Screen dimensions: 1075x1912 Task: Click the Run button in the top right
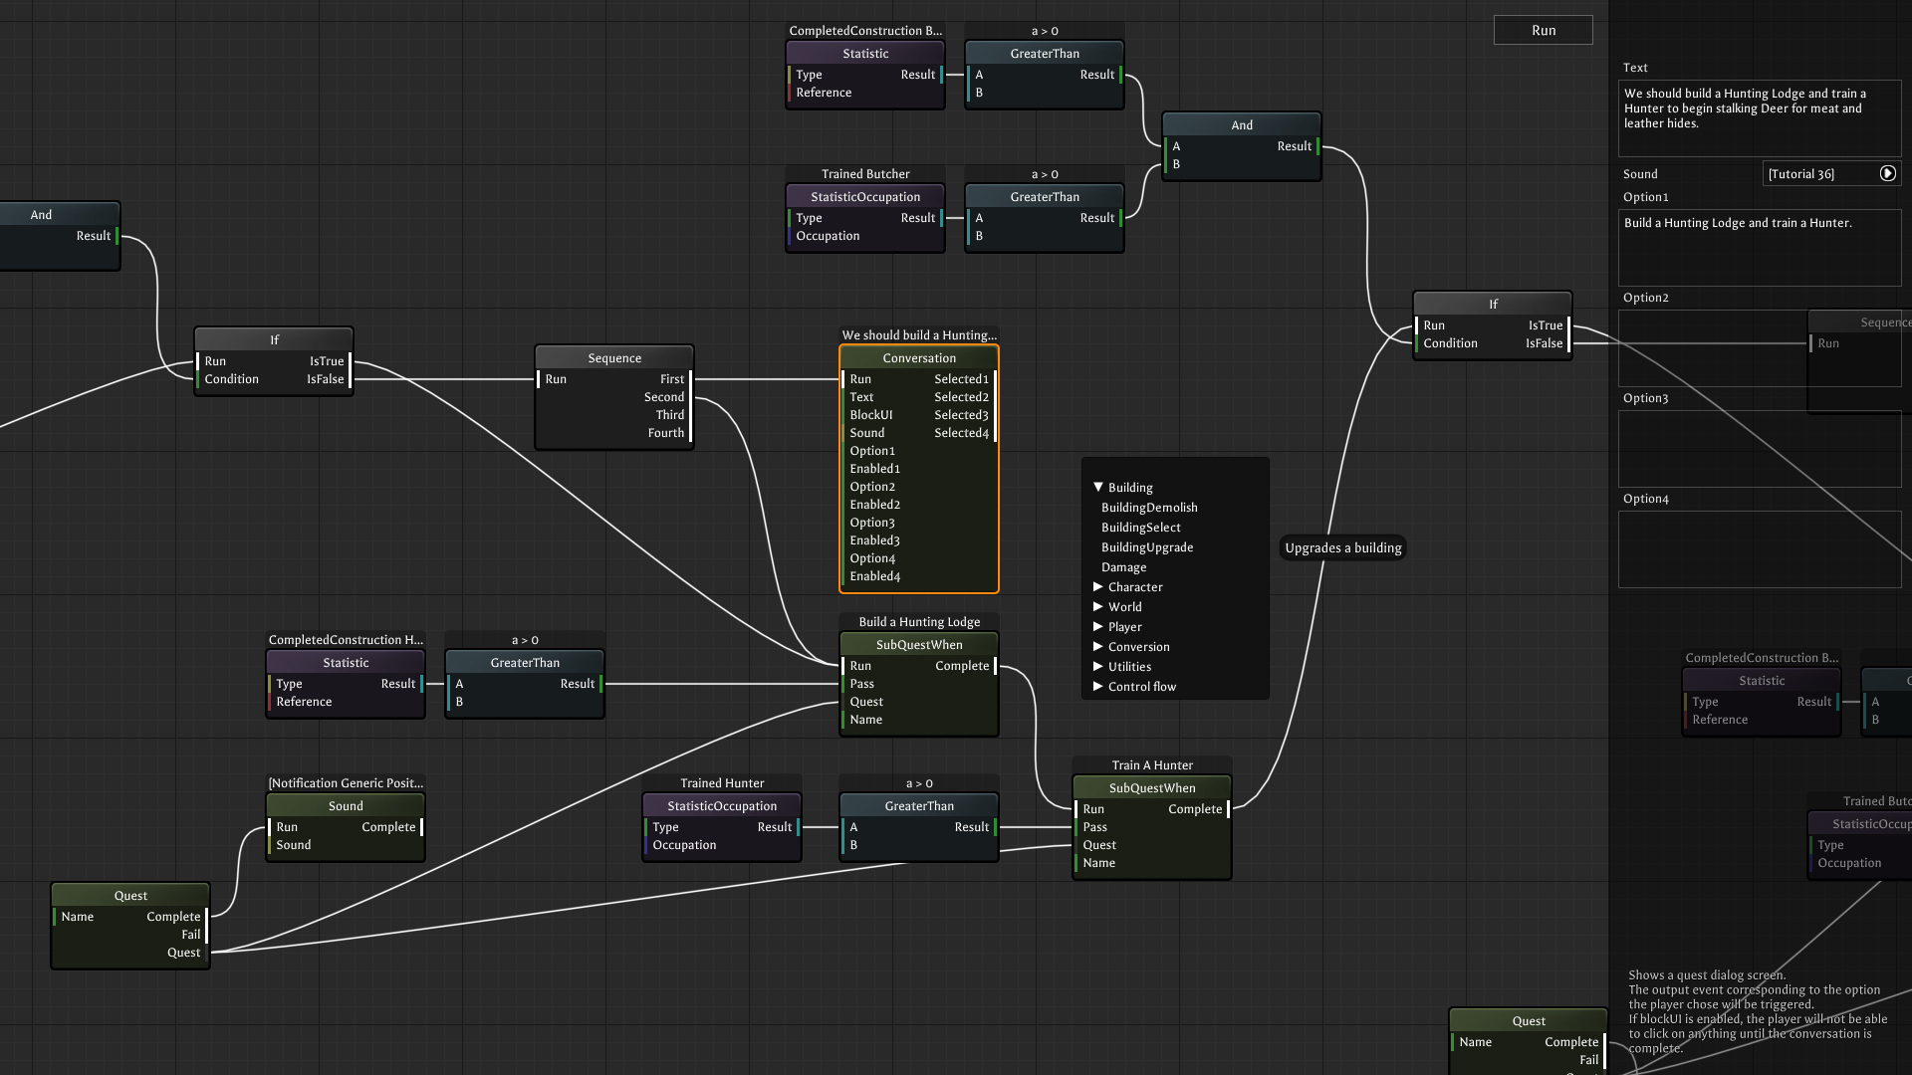click(1543, 30)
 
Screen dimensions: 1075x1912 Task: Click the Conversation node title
click(918, 358)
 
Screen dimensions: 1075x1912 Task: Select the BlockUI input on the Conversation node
click(870, 415)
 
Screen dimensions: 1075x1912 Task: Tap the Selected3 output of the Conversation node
click(962, 415)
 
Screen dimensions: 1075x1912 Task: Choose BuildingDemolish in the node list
click(1149, 508)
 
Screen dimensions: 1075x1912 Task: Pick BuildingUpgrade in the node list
click(1146, 547)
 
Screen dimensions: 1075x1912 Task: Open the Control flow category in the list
click(1141, 687)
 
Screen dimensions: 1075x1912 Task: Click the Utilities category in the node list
click(1129, 667)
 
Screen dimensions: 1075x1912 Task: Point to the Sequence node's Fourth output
click(666, 433)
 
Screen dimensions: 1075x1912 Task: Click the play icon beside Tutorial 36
click(1887, 173)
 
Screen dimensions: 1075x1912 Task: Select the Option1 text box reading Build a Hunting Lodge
click(1759, 247)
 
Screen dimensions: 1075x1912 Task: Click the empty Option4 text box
click(1759, 548)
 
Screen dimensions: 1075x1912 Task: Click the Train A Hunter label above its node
click(1152, 765)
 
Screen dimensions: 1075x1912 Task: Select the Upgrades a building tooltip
click(1342, 547)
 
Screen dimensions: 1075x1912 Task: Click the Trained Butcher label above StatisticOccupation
click(865, 174)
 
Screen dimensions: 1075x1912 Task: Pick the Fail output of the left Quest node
click(191, 935)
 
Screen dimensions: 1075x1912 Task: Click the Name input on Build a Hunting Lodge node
click(865, 720)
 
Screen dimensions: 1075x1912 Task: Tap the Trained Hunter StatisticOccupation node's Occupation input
click(684, 845)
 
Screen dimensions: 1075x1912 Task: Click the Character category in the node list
click(1134, 587)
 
